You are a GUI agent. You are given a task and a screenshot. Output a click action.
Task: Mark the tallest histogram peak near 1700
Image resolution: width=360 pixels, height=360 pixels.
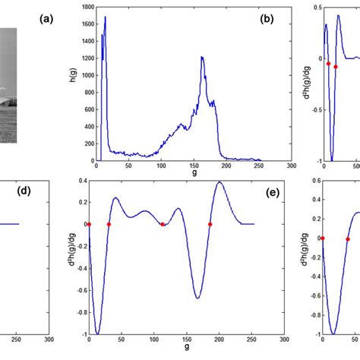pyautogui.click(x=105, y=17)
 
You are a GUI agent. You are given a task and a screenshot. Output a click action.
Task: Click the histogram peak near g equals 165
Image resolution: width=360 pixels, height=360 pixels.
pyautogui.click(x=202, y=57)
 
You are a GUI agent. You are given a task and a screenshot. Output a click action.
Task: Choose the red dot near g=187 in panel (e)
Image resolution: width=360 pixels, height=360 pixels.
pyautogui.click(x=210, y=224)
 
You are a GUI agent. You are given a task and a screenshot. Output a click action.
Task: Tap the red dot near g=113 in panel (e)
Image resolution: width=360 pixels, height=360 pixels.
pyautogui.click(x=162, y=224)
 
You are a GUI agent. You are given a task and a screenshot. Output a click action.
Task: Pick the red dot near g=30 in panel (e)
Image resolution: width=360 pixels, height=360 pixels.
pyautogui.click(x=109, y=224)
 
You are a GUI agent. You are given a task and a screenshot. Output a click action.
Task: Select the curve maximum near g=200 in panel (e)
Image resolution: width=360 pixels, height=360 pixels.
pyautogui.click(x=219, y=182)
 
